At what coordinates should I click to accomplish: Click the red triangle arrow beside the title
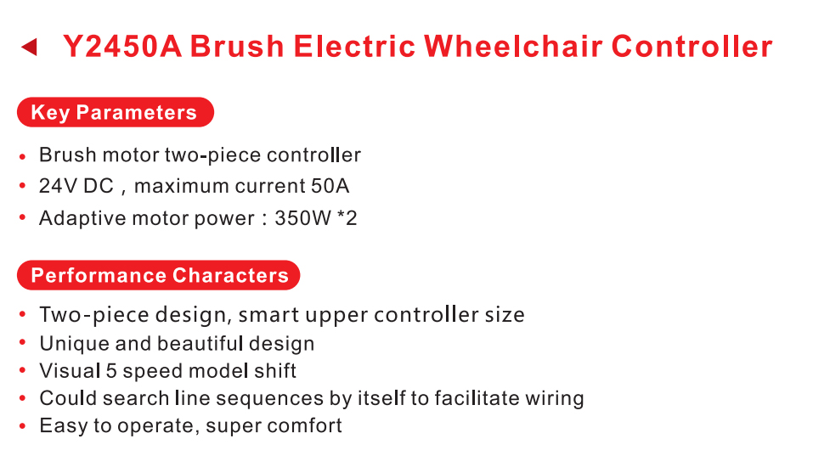tap(30, 47)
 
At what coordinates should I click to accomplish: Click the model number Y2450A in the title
tap(122, 46)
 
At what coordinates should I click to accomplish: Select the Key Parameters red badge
tap(115, 112)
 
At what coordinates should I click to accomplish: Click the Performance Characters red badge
tap(159, 275)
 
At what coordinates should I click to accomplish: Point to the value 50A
tap(330, 186)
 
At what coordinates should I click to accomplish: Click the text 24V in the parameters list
tap(58, 186)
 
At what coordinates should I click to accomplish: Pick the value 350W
tap(302, 218)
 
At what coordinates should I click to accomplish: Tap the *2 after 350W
tap(347, 218)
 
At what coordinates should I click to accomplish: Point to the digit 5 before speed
tap(111, 371)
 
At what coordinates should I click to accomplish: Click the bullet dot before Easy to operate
tap(22, 426)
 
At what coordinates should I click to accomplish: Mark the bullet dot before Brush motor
tap(22, 155)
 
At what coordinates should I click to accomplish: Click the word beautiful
tap(200, 343)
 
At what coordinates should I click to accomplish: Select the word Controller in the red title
tap(692, 46)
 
